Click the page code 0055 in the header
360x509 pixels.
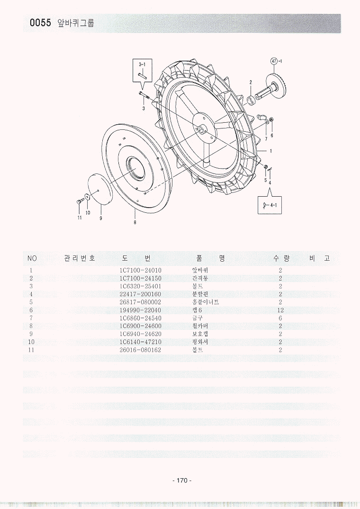coord(40,23)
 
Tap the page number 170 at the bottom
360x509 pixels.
coord(182,481)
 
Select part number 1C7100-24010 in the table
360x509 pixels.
coord(141,270)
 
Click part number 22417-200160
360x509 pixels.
coord(141,294)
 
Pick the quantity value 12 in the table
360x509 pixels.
coord(280,310)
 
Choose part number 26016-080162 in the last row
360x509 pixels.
coord(141,350)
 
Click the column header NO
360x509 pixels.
coord(32,258)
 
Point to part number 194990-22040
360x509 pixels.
coord(141,310)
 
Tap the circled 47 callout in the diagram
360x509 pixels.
coord(273,61)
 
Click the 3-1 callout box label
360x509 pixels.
coord(142,64)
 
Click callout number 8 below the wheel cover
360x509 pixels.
coord(135,222)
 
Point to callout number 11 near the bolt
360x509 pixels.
coord(80,218)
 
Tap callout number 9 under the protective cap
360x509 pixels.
coord(100,218)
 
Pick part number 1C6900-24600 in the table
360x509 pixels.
coord(141,326)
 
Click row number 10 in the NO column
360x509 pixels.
coord(31,342)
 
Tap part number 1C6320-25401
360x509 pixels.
coord(141,286)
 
